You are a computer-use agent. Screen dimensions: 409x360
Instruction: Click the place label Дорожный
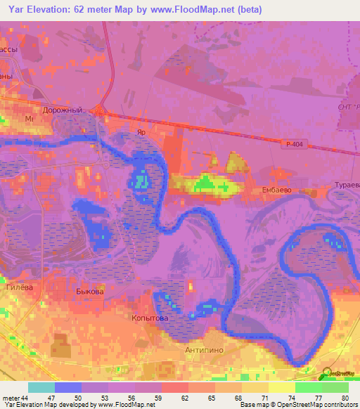tap(69, 110)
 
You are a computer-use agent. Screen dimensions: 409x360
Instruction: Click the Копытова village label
tap(148, 318)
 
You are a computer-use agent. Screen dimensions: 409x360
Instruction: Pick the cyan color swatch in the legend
tap(41, 387)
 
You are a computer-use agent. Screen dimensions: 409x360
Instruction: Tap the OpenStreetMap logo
tap(338, 374)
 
